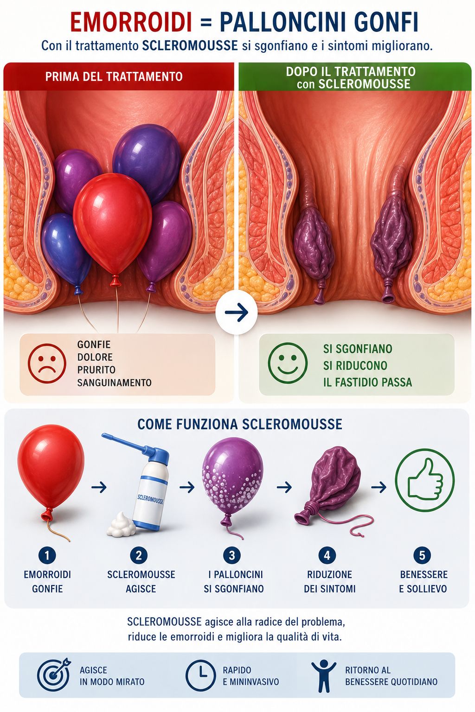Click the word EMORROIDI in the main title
pyautogui.click(x=131, y=23)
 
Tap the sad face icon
pyautogui.click(x=47, y=363)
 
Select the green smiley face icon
pyautogui.click(x=288, y=363)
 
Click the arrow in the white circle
pyautogui.click(x=237, y=313)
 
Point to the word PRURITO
pyautogui.click(x=96, y=369)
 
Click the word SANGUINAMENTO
pyautogui.click(x=114, y=382)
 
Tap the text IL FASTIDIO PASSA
pyautogui.click(x=367, y=382)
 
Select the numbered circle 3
pyautogui.click(x=232, y=555)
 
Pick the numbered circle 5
pyautogui.click(x=422, y=555)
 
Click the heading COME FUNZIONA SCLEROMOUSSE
pyautogui.click(x=239, y=424)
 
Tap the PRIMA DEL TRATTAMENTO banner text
pyautogui.click(x=114, y=76)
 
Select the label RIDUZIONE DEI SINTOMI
pyautogui.click(x=330, y=581)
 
